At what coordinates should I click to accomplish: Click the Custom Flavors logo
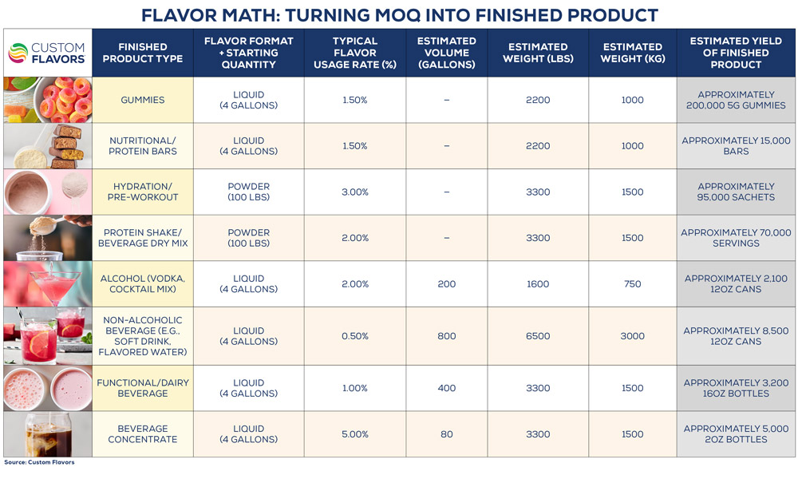point(47,53)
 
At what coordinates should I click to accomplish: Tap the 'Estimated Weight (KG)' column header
point(633,53)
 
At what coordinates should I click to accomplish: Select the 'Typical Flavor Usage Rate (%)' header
point(355,53)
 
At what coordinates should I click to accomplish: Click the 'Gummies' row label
point(143,100)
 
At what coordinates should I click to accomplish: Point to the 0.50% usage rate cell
point(355,336)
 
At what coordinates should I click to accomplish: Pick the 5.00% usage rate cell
point(355,434)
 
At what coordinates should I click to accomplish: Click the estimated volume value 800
point(446,336)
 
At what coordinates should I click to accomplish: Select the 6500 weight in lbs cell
point(538,336)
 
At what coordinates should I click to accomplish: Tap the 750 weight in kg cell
point(633,283)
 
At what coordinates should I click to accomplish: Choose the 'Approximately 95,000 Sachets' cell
point(736,192)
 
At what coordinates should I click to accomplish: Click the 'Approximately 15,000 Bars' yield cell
point(736,146)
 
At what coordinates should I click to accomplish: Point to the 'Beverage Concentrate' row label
point(143,434)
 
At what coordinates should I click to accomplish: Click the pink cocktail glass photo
point(47,283)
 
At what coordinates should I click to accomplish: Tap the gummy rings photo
point(47,100)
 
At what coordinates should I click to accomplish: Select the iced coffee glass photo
point(47,434)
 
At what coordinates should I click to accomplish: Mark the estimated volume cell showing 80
point(446,434)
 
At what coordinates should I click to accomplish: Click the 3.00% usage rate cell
point(355,192)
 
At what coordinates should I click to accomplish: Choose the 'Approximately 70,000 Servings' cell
point(736,238)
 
